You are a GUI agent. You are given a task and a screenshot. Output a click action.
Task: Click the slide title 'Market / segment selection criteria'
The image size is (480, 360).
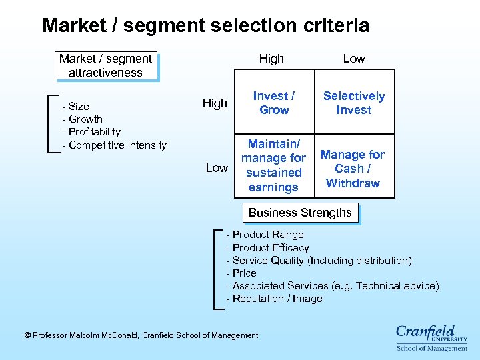tap(205, 26)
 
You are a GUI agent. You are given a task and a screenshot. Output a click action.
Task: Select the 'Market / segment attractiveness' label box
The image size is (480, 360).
tap(105, 65)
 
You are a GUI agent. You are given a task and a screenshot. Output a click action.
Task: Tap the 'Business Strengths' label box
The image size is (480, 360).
tap(300, 213)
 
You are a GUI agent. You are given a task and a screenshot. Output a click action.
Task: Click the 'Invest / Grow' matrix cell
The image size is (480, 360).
tap(274, 103)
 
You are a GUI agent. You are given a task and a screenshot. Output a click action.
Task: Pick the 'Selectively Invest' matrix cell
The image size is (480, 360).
tap(354, 103)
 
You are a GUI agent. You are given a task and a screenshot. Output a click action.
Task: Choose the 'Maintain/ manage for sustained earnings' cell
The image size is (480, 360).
tap(273, 165)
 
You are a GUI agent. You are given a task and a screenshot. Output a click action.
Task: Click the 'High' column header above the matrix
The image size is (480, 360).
tap(271, 59)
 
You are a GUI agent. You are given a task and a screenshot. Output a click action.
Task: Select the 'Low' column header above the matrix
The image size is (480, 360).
tap(354, 59)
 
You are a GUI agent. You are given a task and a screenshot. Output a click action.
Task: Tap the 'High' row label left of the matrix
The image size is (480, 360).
tap(215, 103)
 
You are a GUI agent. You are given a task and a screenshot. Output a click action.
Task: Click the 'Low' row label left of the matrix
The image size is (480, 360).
tap(217, 168)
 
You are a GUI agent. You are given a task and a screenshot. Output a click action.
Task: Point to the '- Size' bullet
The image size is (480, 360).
tap(75, 106)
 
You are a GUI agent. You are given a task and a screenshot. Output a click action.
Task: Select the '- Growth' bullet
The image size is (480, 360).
tap(82, 119)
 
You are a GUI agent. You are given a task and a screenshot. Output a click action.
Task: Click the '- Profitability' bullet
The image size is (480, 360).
tap(91, 132)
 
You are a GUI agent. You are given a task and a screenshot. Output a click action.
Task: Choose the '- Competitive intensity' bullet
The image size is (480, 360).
tap(114, 145)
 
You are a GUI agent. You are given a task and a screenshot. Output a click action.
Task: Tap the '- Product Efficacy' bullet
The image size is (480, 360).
tap(268, 247)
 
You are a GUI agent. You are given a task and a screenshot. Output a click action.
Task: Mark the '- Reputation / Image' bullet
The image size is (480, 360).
tap(275, 299)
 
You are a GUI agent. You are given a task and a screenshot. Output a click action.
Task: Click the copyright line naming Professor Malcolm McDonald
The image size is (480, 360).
tap(141, 335)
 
